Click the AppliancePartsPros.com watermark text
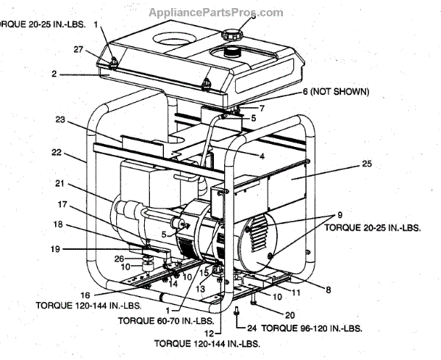[x=215, y=12]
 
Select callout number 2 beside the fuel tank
[x=54, y=73]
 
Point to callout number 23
[x=60, y=118]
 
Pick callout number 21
[x=60, y=183]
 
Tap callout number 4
[x=261, y=155]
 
